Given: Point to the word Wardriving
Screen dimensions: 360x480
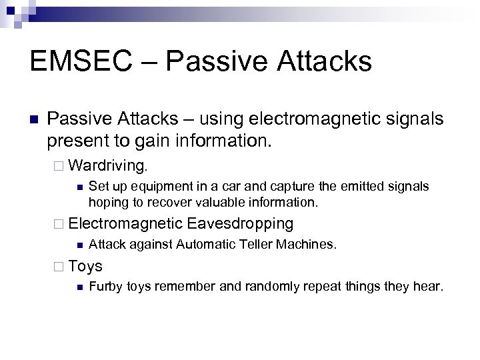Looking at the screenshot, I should click(110, 163).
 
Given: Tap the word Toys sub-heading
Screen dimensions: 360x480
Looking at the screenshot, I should click(85, 267).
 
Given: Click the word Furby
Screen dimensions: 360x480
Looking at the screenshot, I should click(104, 288).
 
